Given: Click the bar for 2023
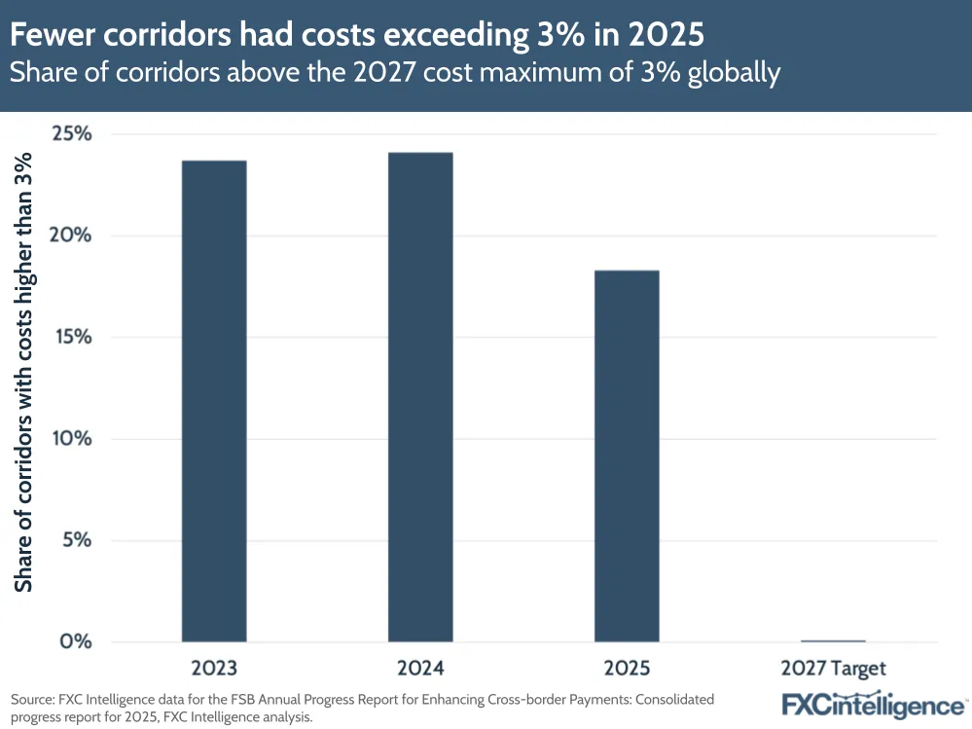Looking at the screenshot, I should [213, 400].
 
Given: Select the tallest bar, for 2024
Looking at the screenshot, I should [420, 396].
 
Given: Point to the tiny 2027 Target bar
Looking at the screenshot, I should [833, 640].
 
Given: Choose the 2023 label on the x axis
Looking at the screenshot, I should [213, 669].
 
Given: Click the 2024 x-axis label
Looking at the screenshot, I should [420, 669].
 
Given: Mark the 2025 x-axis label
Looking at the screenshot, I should [627, 669].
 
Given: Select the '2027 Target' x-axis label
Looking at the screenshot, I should [833, 669].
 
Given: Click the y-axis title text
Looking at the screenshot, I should [24, 376].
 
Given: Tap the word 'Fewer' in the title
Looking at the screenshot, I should [52, 36].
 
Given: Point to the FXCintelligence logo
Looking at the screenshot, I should [873, 706].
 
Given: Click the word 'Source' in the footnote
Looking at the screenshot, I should [32, 700].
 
